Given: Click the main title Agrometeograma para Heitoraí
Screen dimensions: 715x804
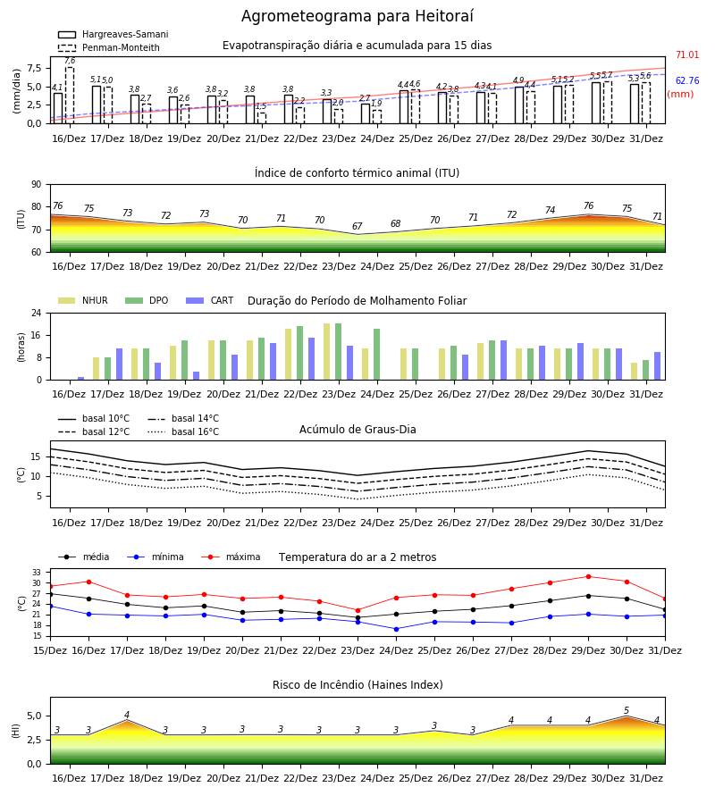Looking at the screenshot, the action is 357,16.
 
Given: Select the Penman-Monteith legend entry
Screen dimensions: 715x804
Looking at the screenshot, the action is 109,47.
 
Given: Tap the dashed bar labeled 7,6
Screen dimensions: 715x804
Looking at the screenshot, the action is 70,96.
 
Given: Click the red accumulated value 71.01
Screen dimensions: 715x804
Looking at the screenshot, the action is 687,54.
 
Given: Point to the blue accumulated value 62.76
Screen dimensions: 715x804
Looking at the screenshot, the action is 687,80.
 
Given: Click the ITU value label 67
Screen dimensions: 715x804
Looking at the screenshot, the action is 357,226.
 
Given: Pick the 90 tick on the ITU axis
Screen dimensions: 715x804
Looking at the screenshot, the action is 37,185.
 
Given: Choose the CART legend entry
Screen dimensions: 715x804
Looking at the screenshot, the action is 210,300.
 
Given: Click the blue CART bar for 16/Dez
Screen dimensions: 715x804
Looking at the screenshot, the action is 81,379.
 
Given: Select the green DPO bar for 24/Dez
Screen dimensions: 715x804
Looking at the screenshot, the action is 377,355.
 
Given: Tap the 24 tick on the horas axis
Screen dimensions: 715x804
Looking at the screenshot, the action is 37,313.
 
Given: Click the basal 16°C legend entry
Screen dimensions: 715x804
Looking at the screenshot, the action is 183,431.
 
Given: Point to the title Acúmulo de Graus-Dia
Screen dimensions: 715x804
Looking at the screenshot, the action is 357,429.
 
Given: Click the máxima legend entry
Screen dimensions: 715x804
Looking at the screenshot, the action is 231,557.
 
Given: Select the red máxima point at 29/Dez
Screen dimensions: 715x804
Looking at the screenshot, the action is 588,577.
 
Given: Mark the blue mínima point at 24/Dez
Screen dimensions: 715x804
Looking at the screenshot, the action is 396,629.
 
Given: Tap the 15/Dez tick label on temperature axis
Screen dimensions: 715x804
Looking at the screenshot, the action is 50,650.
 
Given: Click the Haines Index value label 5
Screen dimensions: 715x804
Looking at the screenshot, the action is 627,711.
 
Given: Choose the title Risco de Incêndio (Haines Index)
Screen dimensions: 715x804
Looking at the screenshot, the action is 357,685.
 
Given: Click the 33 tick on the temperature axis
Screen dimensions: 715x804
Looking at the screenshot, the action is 37,573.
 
